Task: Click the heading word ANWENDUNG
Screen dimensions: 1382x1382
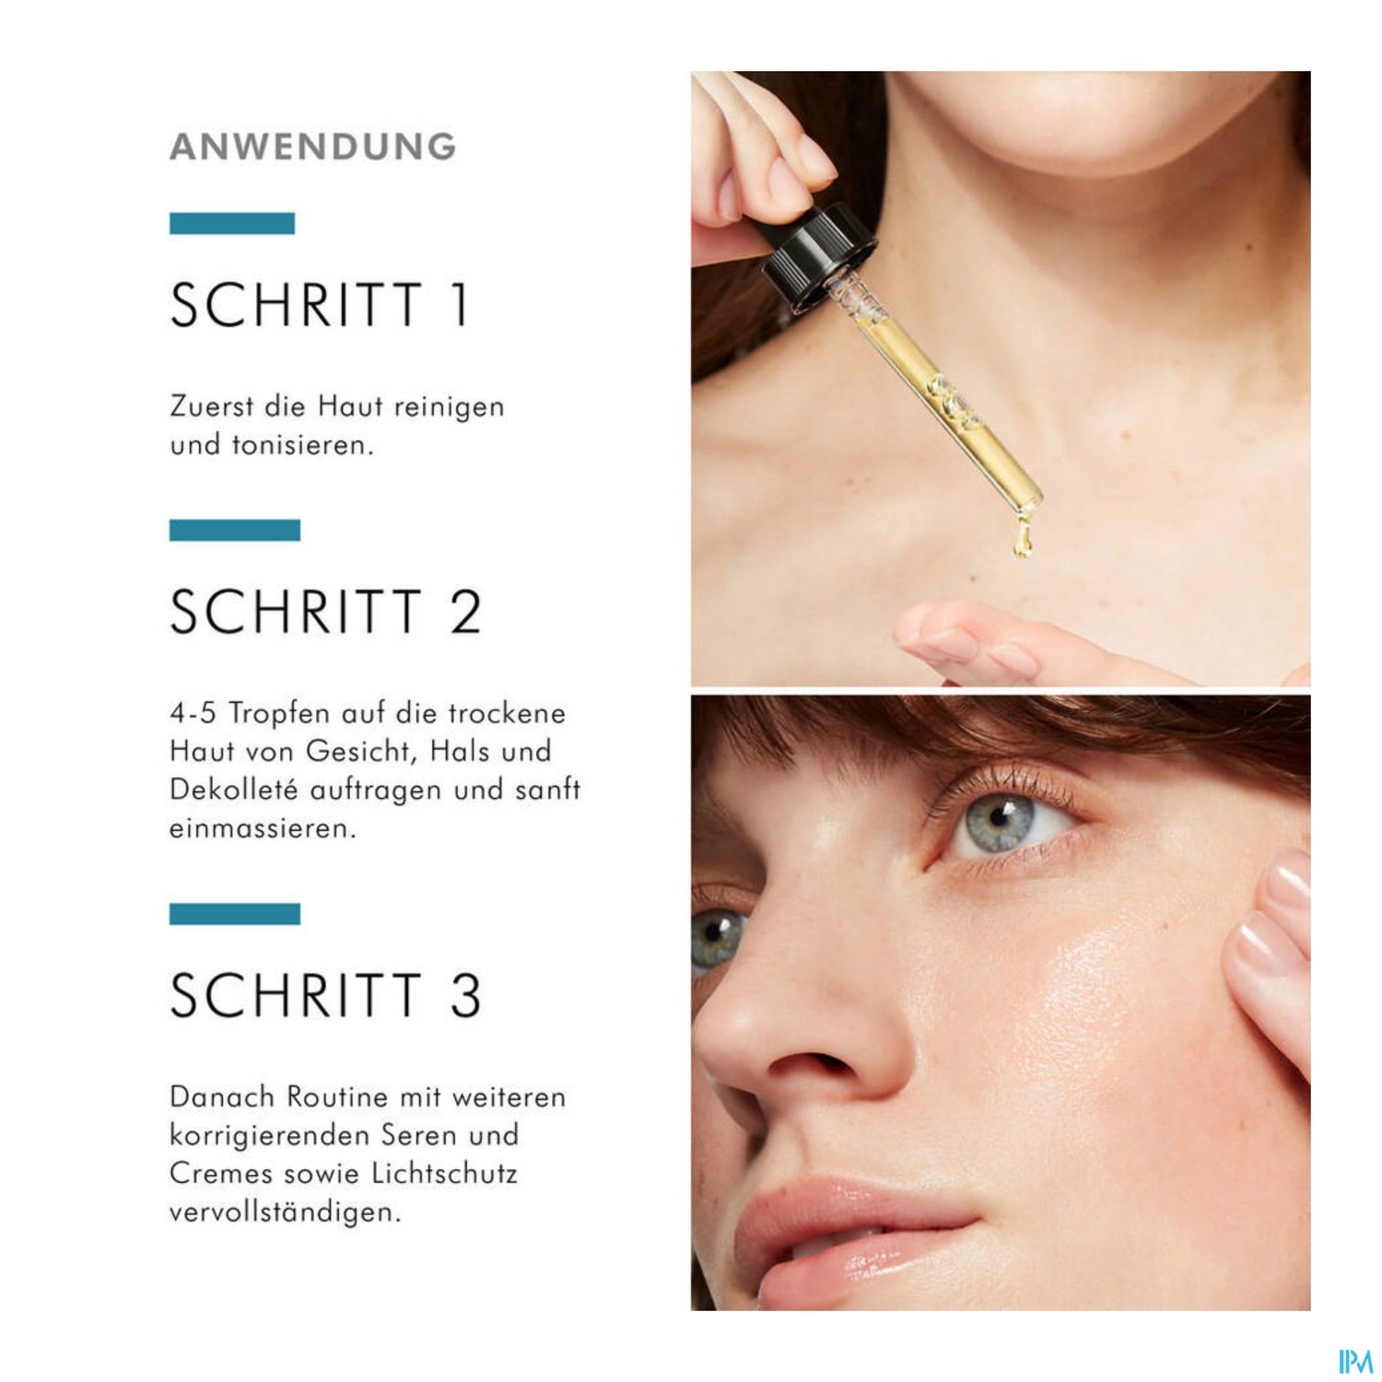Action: click(313, 147)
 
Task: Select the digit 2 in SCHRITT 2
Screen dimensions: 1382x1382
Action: click(465, 612)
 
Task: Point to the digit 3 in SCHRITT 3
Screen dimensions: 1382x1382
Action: click(465, 995)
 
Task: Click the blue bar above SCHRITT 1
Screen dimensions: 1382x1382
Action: click(232, 223)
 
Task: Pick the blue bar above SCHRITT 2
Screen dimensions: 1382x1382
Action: click(235, 530)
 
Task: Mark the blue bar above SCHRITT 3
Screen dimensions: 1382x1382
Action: click(235, 914)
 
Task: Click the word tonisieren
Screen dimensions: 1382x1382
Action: click(302, 445)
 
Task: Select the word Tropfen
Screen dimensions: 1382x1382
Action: click(279, 714)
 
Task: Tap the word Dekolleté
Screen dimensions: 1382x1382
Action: click(234, 790)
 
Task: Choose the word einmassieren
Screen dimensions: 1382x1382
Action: click(263, 828)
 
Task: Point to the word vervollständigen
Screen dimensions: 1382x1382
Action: click(286, 1212)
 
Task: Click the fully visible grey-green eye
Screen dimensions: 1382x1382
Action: click(1004, 820)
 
